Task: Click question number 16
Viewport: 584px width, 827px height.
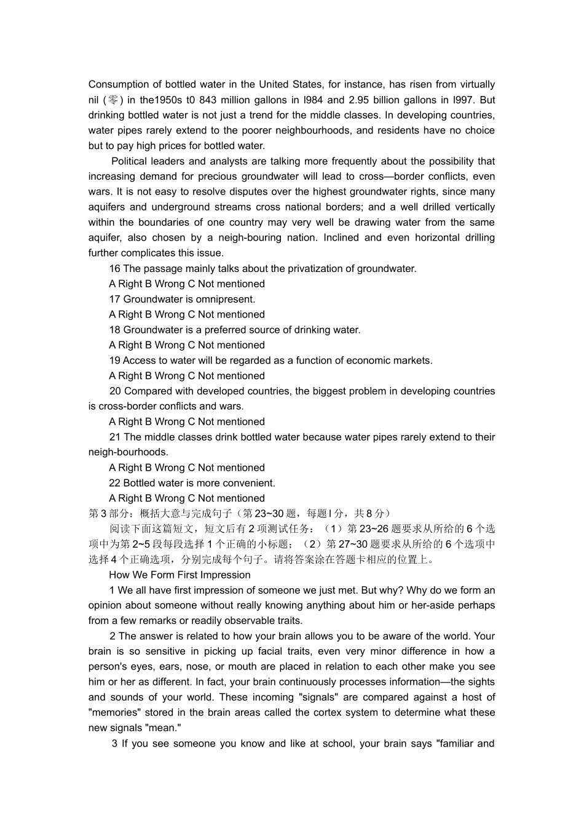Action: coord(115,268)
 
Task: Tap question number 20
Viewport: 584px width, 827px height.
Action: coord(116,391)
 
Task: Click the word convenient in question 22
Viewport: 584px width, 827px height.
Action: coord(250,483)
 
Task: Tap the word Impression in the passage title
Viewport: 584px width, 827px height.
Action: coord(225,575)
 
